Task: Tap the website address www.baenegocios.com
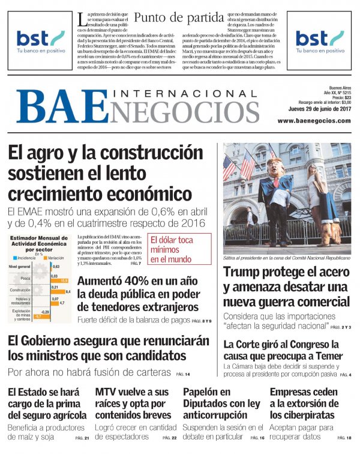[314, 121]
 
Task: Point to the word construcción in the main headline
[143, 154]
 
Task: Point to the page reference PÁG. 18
[344, 438]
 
